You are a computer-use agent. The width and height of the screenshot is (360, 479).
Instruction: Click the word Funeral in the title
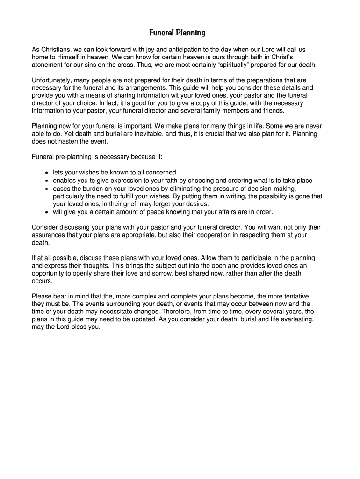(161, 33)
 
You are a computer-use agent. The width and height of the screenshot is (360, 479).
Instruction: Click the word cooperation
(203, 235)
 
